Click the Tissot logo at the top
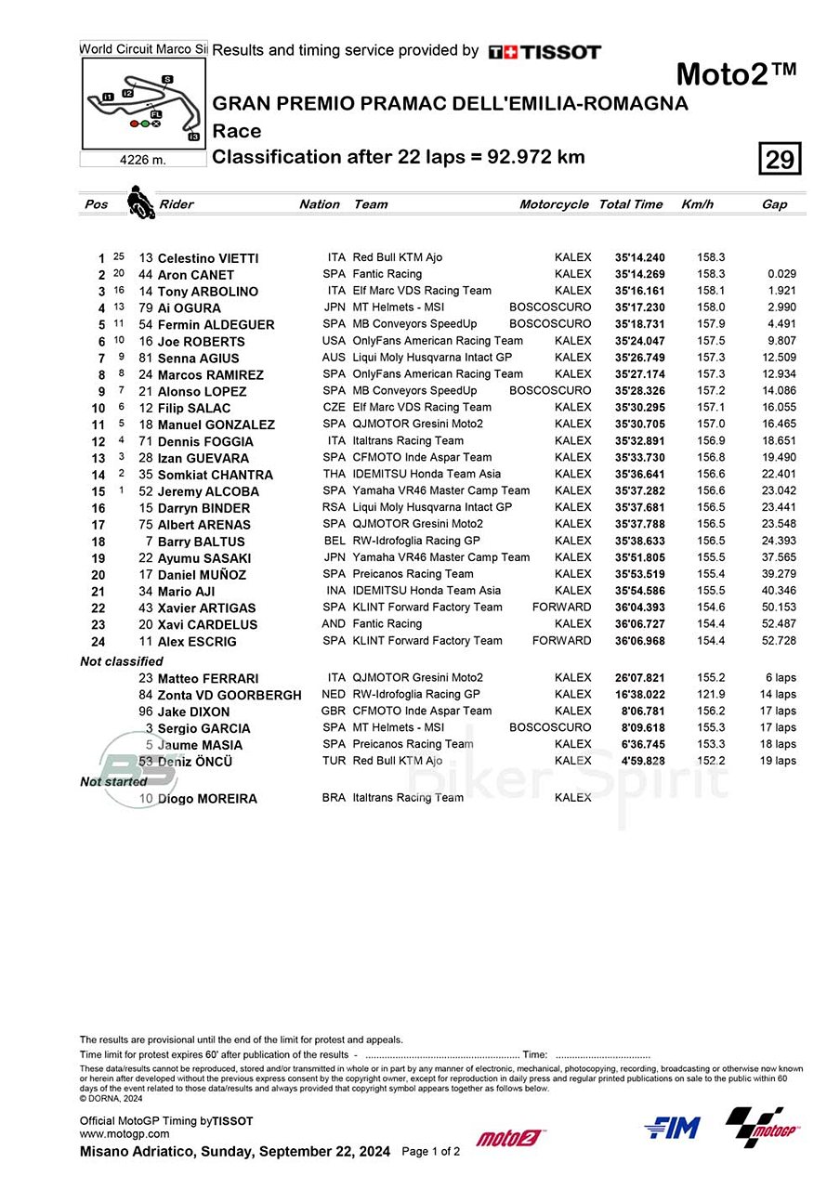545,52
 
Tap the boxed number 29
780,159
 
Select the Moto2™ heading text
736,74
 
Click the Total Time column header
631,204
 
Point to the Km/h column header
697,204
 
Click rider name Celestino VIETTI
208,258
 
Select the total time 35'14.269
639,274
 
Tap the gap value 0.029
781,274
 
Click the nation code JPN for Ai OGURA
335,307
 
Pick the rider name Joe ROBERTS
202,342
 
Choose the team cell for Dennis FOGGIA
408,440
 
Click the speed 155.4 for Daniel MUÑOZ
712,574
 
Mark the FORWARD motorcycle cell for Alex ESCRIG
561,641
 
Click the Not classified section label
121,661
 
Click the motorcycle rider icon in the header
141,203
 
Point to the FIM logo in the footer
672,1128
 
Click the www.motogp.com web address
125,1133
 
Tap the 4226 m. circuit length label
143,160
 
